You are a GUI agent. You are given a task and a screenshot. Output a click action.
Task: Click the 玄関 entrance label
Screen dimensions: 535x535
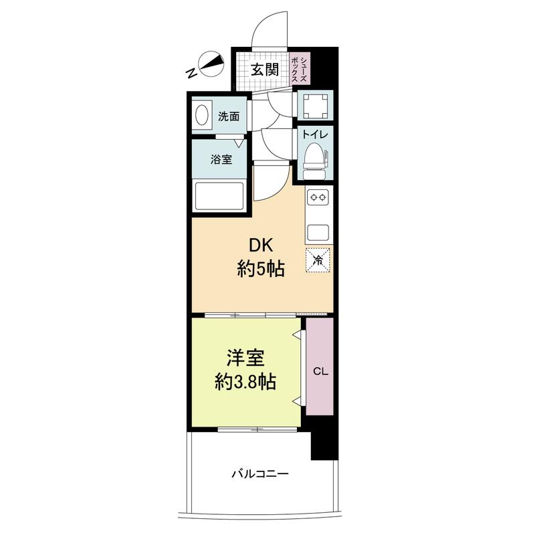point(265,70)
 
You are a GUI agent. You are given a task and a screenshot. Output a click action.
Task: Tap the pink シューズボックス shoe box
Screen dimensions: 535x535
point(300,68)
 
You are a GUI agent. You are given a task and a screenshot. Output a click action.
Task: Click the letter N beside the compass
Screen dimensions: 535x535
point(191,73)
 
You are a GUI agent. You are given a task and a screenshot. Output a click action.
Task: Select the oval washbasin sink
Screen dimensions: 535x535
point(203,115)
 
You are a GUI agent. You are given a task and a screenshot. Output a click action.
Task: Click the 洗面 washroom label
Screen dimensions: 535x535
point(229,116)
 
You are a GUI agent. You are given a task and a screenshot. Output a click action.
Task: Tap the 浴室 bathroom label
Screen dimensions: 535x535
point(221,159)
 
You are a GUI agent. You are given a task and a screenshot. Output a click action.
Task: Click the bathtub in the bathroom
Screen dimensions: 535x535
point(219,196)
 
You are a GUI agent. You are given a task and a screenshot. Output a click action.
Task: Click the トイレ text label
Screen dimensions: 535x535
point(314,134)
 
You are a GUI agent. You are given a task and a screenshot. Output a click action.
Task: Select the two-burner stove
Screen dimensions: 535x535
point(318,197)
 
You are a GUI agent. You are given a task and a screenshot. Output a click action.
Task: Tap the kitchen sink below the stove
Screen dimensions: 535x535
point(318,232)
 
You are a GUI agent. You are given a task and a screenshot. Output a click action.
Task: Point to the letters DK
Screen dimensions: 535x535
point(261,245)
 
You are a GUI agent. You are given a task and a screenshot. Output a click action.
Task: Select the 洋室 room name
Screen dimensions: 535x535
point(245,358)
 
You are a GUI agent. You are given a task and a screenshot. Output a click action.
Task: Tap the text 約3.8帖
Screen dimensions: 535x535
point(245,382)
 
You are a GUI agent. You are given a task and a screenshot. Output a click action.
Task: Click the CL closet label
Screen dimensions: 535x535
point(320,371)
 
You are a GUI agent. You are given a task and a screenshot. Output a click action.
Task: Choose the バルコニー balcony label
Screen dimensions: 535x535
point(260,474)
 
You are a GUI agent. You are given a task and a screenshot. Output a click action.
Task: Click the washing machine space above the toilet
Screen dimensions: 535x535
point(315,106)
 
